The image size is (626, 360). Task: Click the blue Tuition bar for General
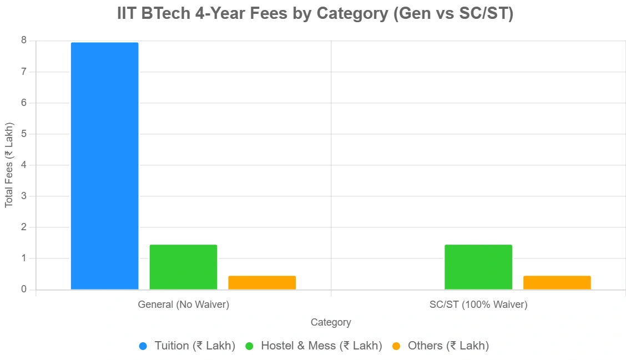tap(104, 166)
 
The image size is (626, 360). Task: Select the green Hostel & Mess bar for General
tap(183, 267)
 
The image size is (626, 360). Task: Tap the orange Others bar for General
tap(262, 282)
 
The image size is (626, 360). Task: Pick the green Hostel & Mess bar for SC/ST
tap(478, 267)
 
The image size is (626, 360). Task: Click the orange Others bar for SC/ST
tap(557, 282)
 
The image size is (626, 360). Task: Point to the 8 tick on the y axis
tap(24, 40)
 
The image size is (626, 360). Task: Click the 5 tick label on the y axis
tap(24, 134)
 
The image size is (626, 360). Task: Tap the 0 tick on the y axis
tap(24, 290)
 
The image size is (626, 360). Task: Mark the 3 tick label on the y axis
tap(24, 196)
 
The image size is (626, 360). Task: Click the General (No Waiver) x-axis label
tap(183, 305)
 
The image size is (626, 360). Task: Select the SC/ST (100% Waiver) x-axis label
tap(478, 305)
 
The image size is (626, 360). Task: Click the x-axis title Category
tap(331, 322)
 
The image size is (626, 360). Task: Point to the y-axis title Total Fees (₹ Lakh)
tap(9, 165)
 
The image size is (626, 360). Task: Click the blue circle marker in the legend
tap(143, 346)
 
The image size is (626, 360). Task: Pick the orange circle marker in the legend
tap(396, 346)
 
